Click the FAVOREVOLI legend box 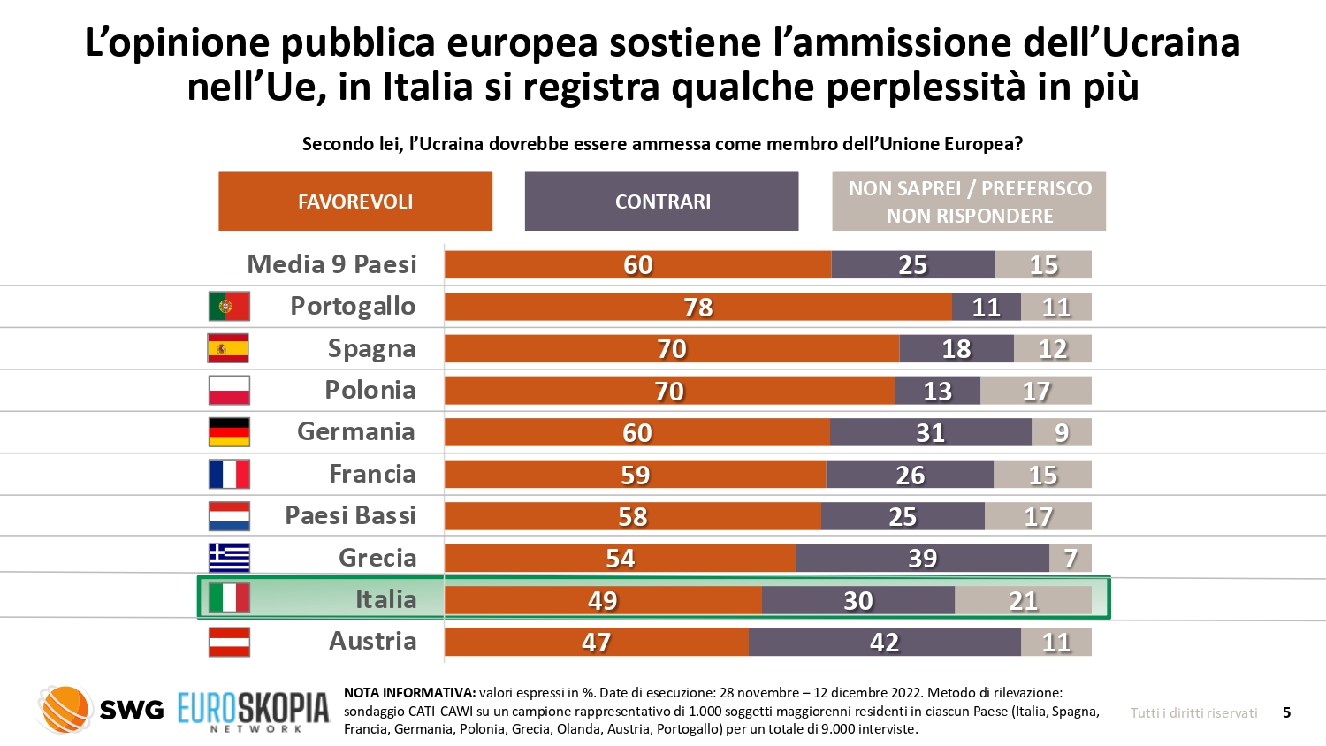[x=355, y=202]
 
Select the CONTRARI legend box [x=661, y=202]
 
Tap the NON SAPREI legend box [x=969, y=202]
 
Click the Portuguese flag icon [x=229, y=306]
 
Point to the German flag [x=229, y=432]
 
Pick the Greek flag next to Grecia [x=229, y=558]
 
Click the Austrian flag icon [x=229, y=642]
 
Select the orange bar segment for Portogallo [x=697, y=307]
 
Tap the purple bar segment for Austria [x=884, y=642]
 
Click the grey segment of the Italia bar [x=1023, y=600]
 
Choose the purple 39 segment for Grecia [x=922, y=558]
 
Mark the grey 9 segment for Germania [x=1061, y=432]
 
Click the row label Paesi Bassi [x=350, y=515]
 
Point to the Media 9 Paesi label [x=331, y=264]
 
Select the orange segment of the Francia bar [x=635, y=475]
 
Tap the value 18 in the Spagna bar [x=956, y=349]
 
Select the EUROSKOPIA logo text [x=254, y=709]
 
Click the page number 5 [x=1286, y=712]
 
